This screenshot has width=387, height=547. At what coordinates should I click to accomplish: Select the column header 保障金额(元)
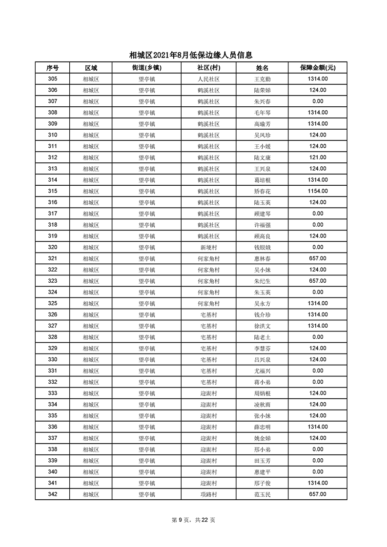[x=317, y=68]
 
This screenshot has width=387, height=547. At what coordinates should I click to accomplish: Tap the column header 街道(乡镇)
[x=146, y=68]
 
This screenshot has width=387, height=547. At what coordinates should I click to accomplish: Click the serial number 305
[x=53, y=79]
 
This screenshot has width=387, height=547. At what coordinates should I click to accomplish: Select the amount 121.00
[x=318, y=157]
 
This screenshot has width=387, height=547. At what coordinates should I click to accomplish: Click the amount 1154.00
[x=318, y=191]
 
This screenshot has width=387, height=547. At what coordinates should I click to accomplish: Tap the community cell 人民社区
[x=208, y=79]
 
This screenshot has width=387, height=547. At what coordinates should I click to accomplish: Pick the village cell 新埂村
[x=208, y=247]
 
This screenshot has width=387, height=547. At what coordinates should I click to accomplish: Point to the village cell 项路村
[x=208, y=494]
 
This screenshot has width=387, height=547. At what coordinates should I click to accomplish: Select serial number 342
[x=53, y=494]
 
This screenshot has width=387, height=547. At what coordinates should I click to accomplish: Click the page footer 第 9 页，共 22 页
[x=194, y=520]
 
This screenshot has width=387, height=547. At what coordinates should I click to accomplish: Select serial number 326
[x=53, y=314]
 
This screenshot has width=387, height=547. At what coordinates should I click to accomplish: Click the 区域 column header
[x=91, y=68]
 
